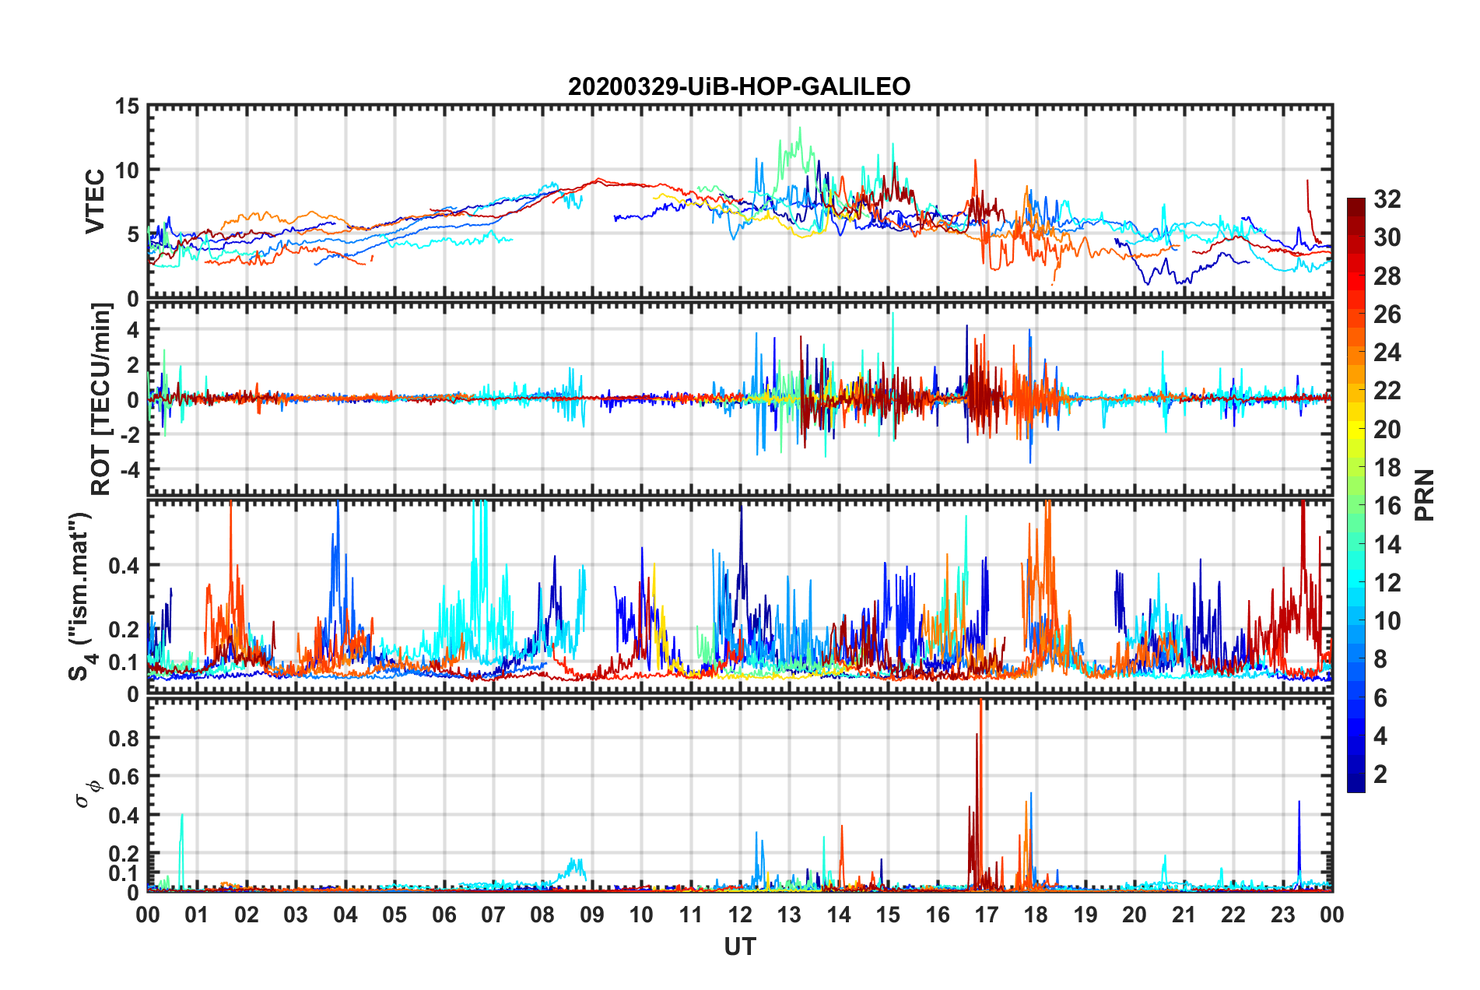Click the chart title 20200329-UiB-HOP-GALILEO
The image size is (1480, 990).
[x=739, y=86]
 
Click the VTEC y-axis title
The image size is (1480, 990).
[x=95, y=202]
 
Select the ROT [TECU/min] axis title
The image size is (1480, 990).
[x=101, y=399]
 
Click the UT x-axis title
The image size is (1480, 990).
[x=739, y=947]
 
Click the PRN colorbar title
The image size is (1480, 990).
[x=1425, y=495]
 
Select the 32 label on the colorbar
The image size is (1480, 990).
[x=1387, y=199]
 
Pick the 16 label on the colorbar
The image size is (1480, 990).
[x=1387, y=506]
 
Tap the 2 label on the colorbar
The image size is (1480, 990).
[x=1380, y=774]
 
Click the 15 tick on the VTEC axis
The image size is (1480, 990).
[x=128, y=107]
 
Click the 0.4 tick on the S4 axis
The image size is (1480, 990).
[x=125, y=566]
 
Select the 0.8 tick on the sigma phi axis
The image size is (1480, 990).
[x=125, y=738]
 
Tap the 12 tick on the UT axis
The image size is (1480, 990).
[x=740, y=915]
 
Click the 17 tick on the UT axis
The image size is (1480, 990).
[x=987, y=915]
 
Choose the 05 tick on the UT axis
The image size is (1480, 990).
[x=395, y=915]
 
